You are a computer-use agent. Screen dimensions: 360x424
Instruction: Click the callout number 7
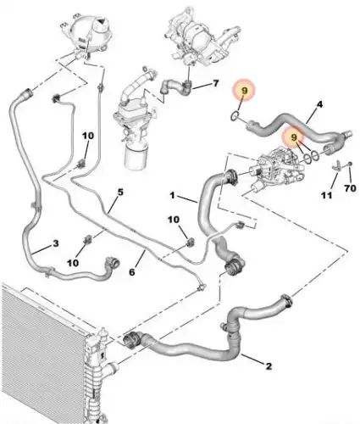coord(216,83)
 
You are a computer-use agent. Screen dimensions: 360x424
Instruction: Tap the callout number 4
coord(319,104)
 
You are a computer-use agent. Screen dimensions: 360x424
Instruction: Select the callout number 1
coord(173,195)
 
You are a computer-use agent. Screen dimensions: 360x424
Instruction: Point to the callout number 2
coord(269,366)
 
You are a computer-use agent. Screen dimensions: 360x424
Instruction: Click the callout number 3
coord(56,243)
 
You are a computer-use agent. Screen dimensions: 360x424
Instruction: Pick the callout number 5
coord(120,192)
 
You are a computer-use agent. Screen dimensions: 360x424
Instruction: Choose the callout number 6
coord(132,272)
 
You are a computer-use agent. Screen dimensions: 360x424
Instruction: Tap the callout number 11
coord(327,195)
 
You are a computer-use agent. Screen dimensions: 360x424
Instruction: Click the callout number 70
coord(350,187)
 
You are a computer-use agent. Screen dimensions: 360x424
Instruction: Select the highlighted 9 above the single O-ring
coord(244,91)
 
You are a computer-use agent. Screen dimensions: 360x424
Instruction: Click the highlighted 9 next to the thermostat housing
coord(294,137)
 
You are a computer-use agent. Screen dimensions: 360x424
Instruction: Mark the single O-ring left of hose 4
coord(235,115)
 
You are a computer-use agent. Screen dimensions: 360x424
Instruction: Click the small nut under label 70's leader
coord(350,164)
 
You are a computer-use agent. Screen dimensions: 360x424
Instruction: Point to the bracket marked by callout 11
coord(336,165)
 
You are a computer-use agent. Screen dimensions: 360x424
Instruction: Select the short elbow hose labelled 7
coord(175,86)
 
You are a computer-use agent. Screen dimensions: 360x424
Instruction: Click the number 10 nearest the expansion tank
coord(88,136)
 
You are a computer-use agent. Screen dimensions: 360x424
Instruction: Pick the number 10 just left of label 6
coord(73,263)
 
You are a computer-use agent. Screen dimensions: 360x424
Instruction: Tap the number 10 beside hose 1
coord(174,220)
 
